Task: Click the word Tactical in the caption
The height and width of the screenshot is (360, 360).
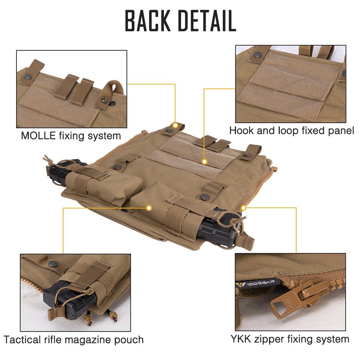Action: [x=25, y=340]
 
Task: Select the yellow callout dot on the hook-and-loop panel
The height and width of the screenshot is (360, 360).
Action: [x=204, y=162]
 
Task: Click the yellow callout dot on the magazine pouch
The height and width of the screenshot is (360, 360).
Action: [x=149, y=207]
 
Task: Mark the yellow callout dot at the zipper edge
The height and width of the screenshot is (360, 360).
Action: [x=243, y=207]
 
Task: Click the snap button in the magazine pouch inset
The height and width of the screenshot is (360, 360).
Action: [x=53, y=264]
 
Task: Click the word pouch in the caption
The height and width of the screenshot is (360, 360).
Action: [x=130, y=340]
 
